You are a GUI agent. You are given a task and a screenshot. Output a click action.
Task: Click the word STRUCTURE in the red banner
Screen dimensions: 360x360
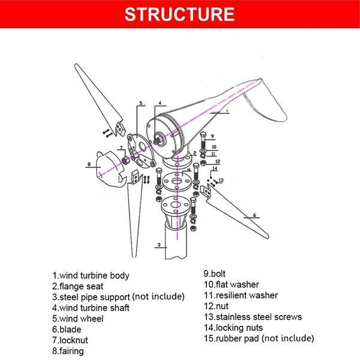pyautogui.click(x=179, y=14)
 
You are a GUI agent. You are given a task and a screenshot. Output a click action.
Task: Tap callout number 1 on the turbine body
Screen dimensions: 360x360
pyautogui.click(x=227, y=111)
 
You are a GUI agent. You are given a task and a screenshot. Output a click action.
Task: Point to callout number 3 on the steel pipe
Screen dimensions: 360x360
pyautogui.click(x=158, y=245)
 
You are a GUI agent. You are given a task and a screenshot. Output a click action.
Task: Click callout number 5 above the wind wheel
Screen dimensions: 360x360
pyautogui.click(x=141, y=103)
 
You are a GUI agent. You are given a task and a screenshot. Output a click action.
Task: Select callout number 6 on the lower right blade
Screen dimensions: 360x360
pyautogui.click(x=254, y=214)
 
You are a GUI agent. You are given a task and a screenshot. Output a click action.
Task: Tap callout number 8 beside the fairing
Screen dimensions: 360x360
pyautogui.click(x=89, y=163)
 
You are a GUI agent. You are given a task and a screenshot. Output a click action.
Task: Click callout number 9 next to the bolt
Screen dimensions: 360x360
pyautogui.click(x=212, y=136)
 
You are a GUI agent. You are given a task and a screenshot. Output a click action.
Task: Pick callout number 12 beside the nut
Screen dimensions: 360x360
pyautogui.click(x=217, y=161)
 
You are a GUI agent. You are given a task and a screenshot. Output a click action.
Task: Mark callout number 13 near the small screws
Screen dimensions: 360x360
pyautogui.click(x=221, y=180)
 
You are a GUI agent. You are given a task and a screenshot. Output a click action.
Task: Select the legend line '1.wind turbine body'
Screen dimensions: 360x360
pyautogui.click(x=91, y=275)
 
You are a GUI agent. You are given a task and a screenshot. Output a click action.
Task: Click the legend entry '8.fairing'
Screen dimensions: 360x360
pyautogui.click(x=68, y=351)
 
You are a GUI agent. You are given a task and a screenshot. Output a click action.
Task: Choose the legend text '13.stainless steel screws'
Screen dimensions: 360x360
pyautogui.click(x=253, y=316)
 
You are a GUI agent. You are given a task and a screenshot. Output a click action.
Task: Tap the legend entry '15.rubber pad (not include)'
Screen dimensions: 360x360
pyautogui.click(x=259, y=338)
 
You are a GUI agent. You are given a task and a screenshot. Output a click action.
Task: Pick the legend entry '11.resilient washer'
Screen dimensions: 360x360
pyautogui.click(x=241, y=295)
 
